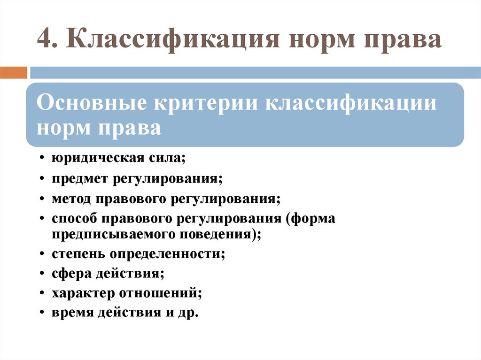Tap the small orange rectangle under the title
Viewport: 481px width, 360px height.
[x=14, y=73]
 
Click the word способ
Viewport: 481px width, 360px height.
[x=75, y=219]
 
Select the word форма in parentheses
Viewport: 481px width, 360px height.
[x=314, y=219]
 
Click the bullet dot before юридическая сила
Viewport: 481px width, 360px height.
[x=43, y=159]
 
